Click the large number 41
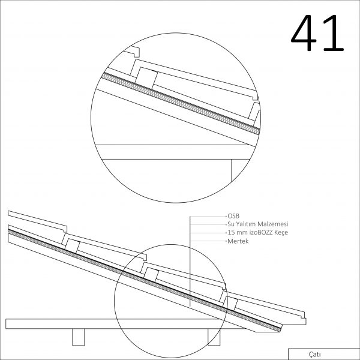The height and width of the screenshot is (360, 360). click(317, 33)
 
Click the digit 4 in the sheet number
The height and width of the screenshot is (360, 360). click(304, 33)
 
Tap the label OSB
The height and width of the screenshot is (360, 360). click(233, 216)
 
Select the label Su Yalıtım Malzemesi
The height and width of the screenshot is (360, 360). click(258, 224)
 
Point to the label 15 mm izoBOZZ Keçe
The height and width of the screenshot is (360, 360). click(257, 233)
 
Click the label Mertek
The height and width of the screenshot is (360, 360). click(238, 241)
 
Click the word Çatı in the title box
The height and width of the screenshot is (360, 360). click(315, 355)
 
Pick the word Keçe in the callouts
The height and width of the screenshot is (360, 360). click(281, 233)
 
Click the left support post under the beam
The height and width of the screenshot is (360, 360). click(78, 337)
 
